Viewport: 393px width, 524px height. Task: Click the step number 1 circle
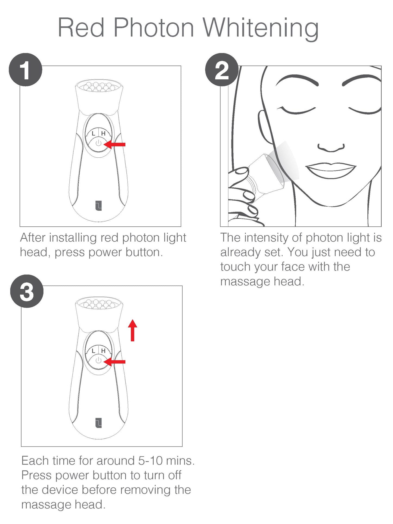pos(26,70)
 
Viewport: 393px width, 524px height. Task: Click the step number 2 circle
pos(222,70)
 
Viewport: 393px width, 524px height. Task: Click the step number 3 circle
pos(27,291)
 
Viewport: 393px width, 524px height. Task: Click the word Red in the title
pos(81,28)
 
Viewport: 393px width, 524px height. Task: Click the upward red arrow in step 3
pos(132,330)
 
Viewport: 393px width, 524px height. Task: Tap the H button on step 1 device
pos(103,133)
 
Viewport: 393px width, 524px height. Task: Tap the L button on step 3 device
pos(93,351)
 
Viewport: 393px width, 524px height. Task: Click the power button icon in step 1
pos(98,143)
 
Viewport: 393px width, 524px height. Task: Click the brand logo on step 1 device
pos(98,206)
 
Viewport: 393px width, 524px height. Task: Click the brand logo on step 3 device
pos(98,423)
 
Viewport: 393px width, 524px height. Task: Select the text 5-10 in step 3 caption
pos(150,461)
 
